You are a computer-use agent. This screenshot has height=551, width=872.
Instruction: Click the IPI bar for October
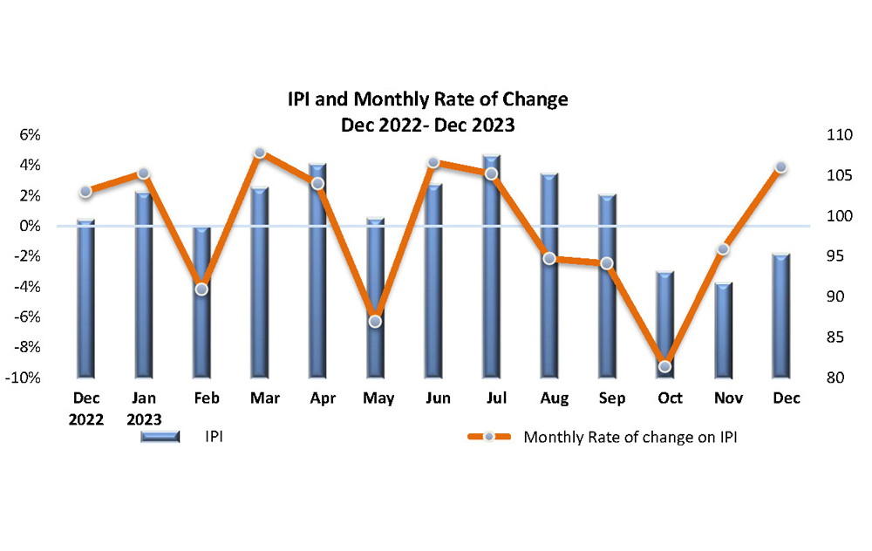pyautogui.click(x=665, y=324)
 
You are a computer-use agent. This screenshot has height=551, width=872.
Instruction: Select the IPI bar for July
pyautogui.click(x=492, y=266)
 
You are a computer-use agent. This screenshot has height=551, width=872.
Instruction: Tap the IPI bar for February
pyautogui.click(x=201, y=302)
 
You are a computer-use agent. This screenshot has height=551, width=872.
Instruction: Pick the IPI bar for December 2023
pyautogui.click(x=781, y=315)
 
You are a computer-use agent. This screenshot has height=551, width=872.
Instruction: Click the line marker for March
pyautogui.click(x=259, y=153)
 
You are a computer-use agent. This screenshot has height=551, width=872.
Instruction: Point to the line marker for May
pyautogui.click(x=375, y=321)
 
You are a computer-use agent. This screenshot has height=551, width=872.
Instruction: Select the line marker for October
pyautogui.click(x=664, y=366)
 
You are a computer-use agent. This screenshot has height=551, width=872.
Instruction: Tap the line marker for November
pyautogui.click(x=723, y=249)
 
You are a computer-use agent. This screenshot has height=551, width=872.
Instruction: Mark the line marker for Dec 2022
pyautogui.click(x=85, y=191)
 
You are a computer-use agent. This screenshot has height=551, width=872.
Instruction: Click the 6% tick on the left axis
pyautogui.click(x=30, y=135)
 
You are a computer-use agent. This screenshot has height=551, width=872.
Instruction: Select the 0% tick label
pyautogui.click(x=30, y=226)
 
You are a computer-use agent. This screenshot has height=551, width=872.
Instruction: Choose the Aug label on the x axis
pyautogui.click(x=554, y=398)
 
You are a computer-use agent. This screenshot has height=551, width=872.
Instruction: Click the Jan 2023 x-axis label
pyautogui.click(x=144, y=408)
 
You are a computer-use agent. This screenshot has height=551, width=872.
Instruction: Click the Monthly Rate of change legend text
pyautogui.click(x=630, y=438)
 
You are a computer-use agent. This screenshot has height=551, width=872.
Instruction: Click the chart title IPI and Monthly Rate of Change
pyautogui.click(x=427, y=99)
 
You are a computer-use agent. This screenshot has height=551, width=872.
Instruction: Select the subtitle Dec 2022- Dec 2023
pyautogui.click(x=427, y=125)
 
